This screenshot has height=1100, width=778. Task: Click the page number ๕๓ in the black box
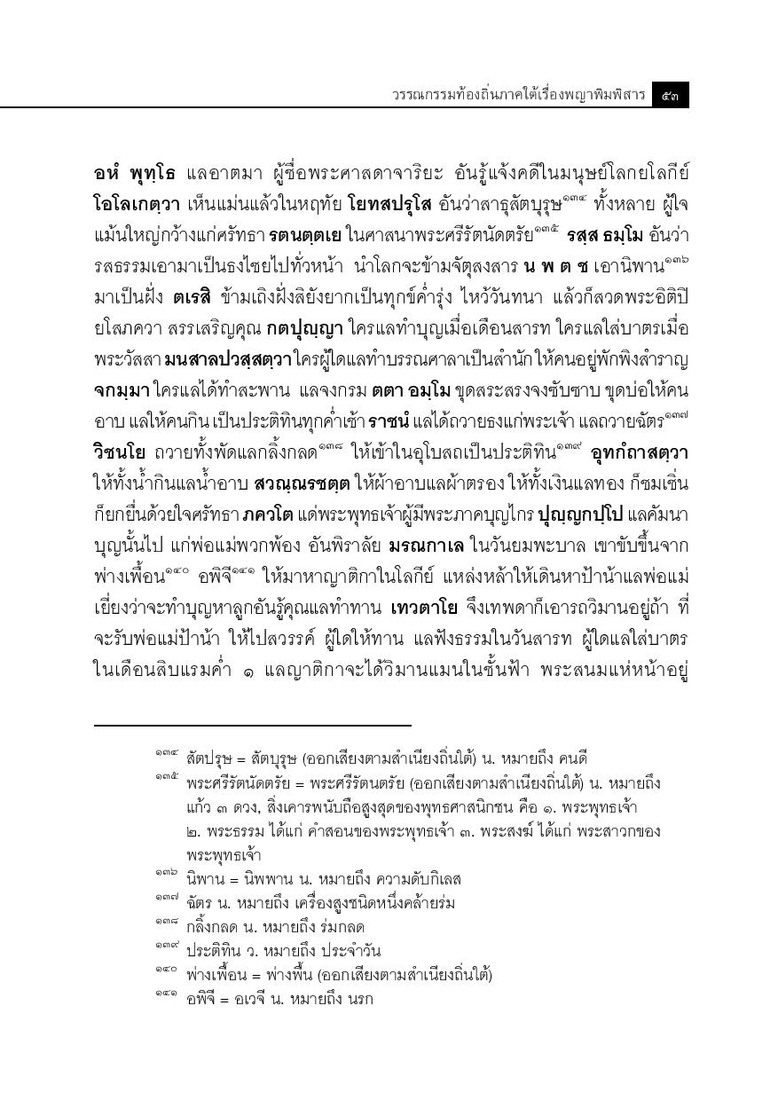[670, 94]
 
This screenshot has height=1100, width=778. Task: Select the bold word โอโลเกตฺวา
[138, 204]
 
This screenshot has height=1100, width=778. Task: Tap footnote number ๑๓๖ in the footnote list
[166, 876]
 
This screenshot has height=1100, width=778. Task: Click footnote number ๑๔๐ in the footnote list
[166, 972]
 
